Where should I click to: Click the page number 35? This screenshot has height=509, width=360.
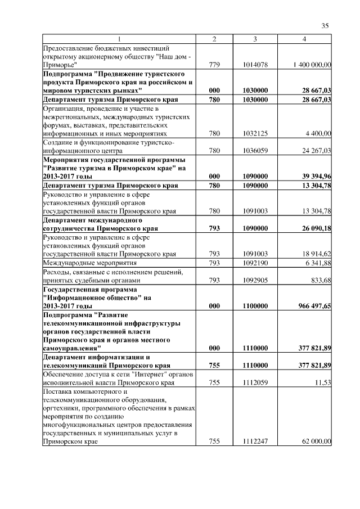pos(325,25)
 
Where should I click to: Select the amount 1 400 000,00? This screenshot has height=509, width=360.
pos(312,65)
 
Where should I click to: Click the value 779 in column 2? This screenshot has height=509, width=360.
pos(214,65)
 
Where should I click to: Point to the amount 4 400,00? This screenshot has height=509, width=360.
pos(319,134)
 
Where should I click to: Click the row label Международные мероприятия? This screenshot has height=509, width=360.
pos(82,262)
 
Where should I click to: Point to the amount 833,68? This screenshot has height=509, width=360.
pos(321,280)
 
